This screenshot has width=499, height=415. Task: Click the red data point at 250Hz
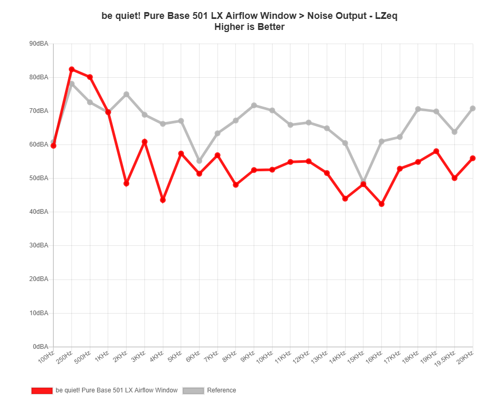[x=72, y=69]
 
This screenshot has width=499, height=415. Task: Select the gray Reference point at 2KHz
[x=126, y=94]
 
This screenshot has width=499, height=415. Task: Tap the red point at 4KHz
[x=163, y=200]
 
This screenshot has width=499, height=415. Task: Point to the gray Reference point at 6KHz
[x=199, y=161]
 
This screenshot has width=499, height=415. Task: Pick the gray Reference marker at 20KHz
[x=473, y=108]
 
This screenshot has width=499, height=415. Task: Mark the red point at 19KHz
[x=436, y=151]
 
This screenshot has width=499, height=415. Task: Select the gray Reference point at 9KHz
[x=254, y=105]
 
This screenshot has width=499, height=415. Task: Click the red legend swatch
[x=42, y=390]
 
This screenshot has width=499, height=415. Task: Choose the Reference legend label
[x=222, y=390]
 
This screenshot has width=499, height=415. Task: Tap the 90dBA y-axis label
[x=40, y=44]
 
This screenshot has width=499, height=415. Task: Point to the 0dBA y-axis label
[x=41, y=347]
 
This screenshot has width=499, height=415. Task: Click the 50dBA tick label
[x=40, y=178]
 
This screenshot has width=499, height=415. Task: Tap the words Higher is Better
[x=250, y=27]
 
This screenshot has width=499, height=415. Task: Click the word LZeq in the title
[x=386, y=16]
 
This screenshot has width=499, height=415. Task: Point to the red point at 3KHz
[x=144, y=142]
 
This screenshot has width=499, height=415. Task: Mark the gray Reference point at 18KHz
[x=418, y=109]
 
